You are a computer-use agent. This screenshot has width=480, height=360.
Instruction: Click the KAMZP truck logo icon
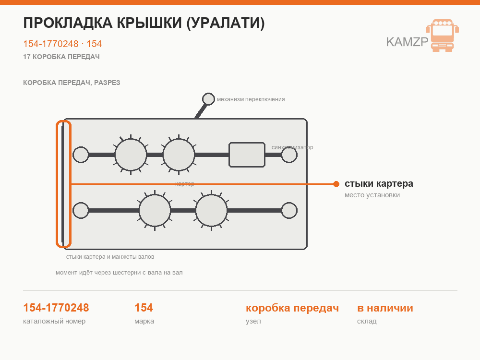443,35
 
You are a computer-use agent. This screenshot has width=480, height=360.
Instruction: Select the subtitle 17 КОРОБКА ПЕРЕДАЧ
61,57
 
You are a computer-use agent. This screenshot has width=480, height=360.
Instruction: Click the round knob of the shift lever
208,99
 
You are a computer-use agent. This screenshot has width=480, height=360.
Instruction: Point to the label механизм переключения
251,99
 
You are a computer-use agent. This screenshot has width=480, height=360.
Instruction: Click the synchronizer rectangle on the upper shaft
247,155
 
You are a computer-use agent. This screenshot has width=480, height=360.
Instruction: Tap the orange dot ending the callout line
336,184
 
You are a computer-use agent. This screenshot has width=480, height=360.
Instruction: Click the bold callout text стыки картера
379,183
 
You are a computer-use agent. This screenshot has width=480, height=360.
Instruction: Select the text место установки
372,195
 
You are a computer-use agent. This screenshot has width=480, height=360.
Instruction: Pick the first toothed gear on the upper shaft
131,155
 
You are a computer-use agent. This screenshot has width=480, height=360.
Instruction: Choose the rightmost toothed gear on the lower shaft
211,210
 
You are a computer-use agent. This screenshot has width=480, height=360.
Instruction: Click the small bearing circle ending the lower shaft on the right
289,210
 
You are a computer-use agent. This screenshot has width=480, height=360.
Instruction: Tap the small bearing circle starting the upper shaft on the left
81,155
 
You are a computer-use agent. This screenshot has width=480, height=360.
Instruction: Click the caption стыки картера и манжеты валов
110,257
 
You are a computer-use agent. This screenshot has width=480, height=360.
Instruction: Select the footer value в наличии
385,308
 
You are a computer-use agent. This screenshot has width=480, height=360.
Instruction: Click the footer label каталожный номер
54,321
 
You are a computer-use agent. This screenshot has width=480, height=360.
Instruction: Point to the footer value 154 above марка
144,308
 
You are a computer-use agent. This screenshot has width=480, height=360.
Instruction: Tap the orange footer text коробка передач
292,308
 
